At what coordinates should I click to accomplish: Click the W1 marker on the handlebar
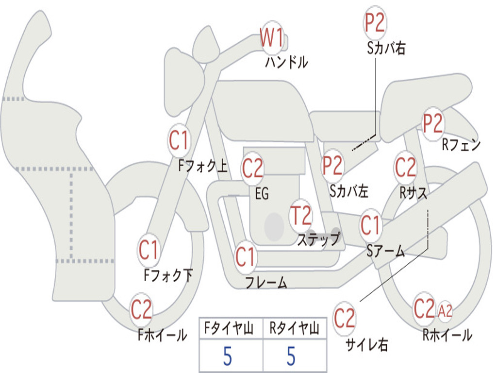pos(272,38)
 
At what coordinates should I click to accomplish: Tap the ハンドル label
pos(286,62)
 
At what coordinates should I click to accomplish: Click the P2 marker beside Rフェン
pos(432,124)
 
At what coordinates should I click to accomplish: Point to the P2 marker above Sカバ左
pos(333,166)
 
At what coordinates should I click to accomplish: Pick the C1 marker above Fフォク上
pos(179,141)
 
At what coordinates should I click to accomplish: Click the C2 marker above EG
pos(252,169)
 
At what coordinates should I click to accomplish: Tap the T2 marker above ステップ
pos(301,216)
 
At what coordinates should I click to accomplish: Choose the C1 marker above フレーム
pos(245,256)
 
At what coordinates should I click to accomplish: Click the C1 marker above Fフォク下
pos(149,251)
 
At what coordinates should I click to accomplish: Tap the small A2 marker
pos(445,311)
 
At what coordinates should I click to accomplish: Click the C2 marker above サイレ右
pos(345,318)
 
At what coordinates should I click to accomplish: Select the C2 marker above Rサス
pos(405,168)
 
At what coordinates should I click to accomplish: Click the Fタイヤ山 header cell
pos(231,329)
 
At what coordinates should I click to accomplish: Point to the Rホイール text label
pos(447,335)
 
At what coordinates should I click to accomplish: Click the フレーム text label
pos(266,282)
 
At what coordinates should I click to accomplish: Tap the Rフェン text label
pos(461,145)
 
